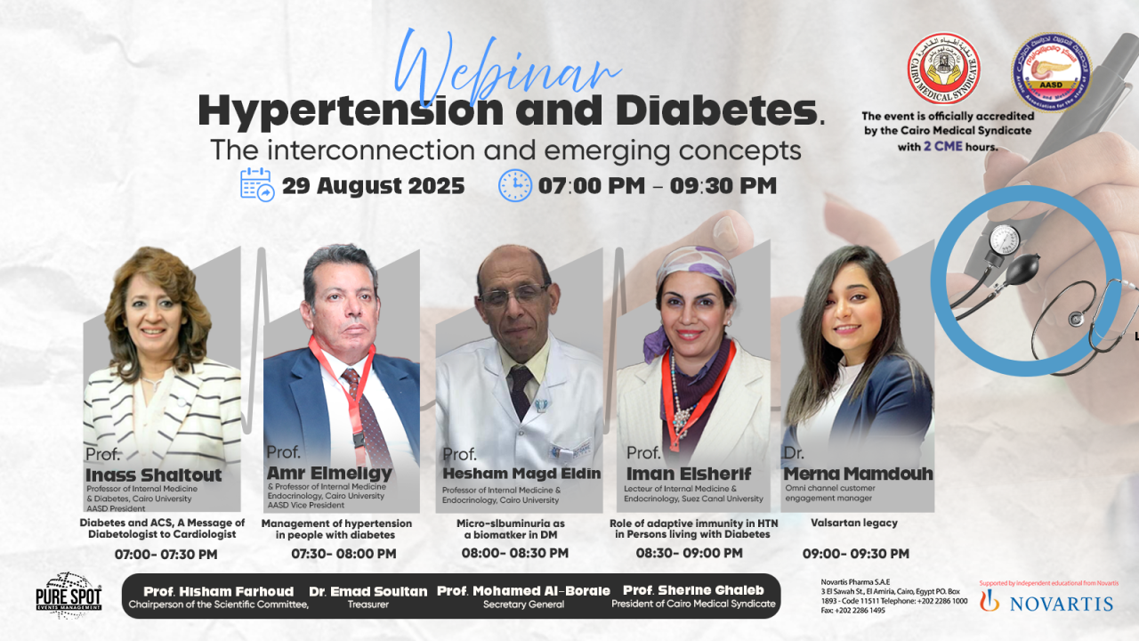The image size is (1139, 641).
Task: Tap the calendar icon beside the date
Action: (257, 184)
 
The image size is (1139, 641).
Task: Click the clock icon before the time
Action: (514, 185)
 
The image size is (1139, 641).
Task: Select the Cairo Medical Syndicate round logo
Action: (943, 69)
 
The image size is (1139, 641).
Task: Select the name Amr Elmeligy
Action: (328, 472)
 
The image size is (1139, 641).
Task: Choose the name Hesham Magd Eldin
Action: (521, 474)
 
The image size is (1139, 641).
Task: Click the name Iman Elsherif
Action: (689, 474)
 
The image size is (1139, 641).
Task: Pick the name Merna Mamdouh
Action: (858, 474)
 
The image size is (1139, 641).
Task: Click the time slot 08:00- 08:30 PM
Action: (514, 553)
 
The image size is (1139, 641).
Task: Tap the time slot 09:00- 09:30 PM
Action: (856, 554)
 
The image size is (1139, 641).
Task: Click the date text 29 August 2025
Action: (373, 186)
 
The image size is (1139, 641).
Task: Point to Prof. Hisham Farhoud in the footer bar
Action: (218, 591)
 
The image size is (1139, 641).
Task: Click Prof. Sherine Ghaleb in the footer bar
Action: (693, 591)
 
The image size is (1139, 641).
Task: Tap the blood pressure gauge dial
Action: (1005, 239)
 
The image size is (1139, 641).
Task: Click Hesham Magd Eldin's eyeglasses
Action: (514, 296)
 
